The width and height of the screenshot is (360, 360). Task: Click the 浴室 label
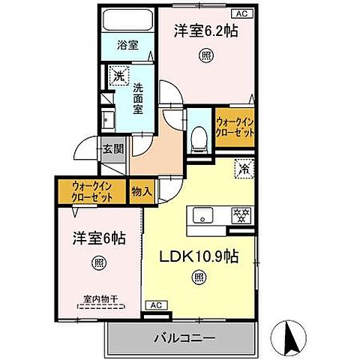click(127, 45)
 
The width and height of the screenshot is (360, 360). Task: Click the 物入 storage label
click(141, 192)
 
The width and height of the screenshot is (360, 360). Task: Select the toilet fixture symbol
click(199, 138)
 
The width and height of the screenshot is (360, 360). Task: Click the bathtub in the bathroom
click(127, 21)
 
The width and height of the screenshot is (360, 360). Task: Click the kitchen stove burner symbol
click(239, 214)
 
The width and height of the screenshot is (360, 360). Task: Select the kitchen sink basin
click(202, 216)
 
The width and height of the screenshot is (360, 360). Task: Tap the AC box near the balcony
click(156, 305)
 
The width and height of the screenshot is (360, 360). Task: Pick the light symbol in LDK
click(199, 278)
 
